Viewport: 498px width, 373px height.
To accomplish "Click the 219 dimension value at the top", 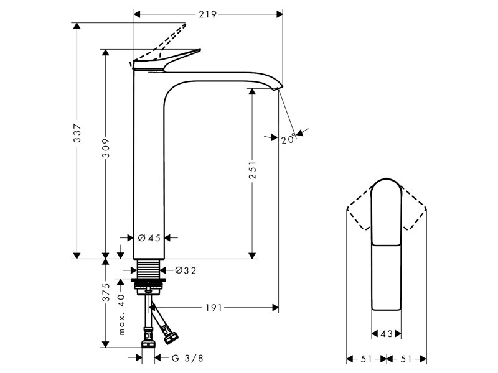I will [208, 14].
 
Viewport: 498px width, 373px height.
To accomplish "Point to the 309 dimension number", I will [106, 147].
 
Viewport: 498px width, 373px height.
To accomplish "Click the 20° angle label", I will [287, 140].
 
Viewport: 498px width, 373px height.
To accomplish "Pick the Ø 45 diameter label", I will [149, 237].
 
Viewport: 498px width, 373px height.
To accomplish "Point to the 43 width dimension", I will [386, 334].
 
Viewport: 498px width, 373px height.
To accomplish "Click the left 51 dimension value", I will [365, 359].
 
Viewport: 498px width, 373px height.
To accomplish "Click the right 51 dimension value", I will [406, 359].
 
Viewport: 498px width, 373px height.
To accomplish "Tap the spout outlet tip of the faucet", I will [278, 87].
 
